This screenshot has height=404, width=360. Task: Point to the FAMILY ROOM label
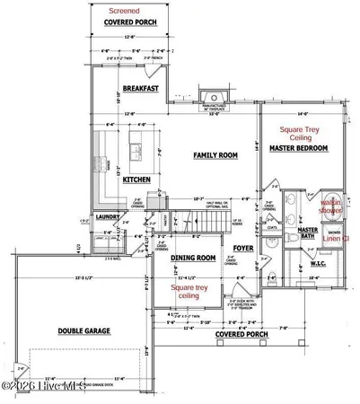pos(215,155)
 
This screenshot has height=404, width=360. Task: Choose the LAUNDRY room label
pos(108,217)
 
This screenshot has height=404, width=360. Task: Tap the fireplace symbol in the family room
pos(212,97)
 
